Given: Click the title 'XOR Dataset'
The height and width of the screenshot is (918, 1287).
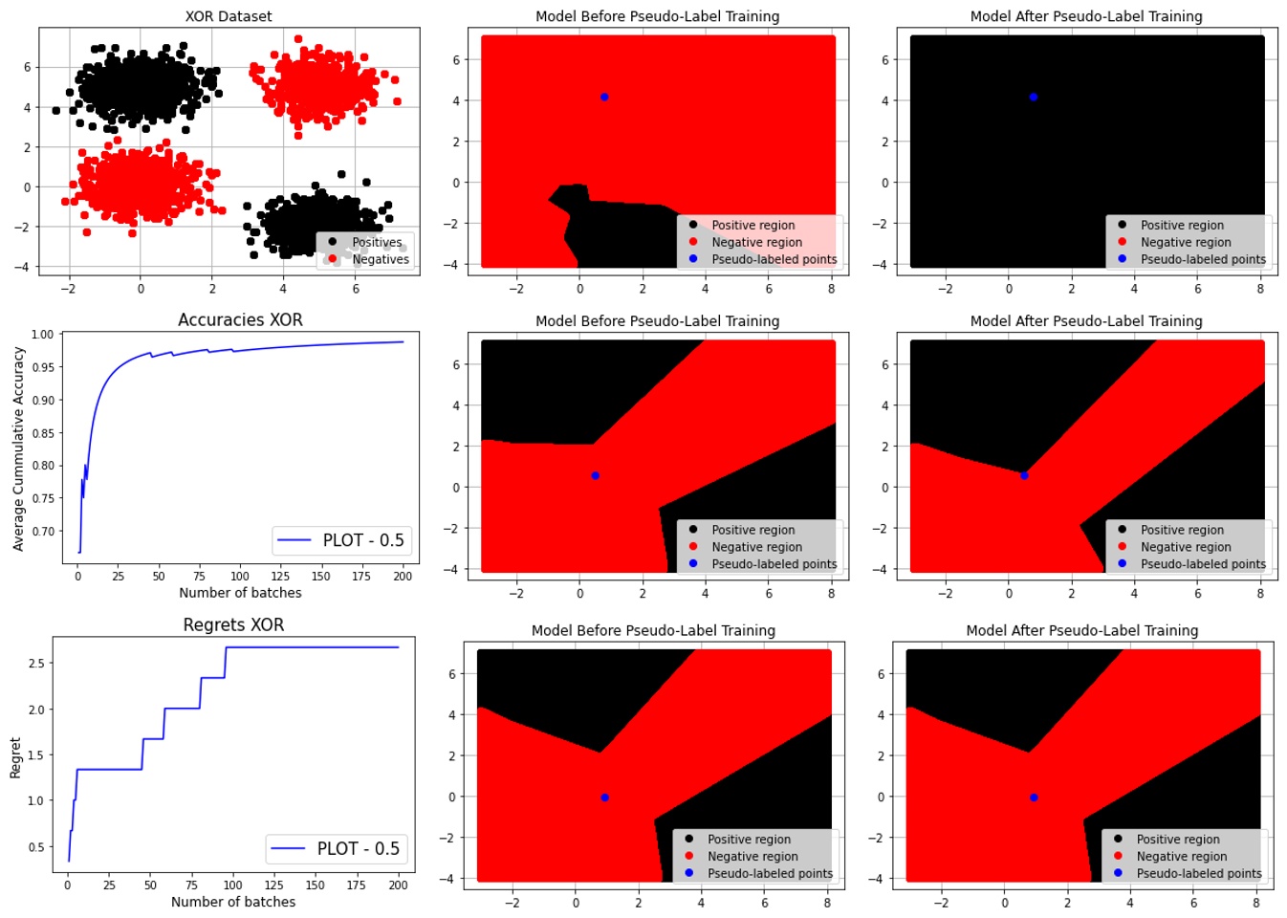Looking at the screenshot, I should click(x=229, y=16).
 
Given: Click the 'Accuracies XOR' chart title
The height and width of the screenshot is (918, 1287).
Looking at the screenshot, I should click(x=240, y=320).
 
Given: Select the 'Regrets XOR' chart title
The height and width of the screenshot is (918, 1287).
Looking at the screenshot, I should click(x=233, y=625).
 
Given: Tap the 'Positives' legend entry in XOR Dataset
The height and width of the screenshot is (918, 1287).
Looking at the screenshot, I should click(x=376, y=242).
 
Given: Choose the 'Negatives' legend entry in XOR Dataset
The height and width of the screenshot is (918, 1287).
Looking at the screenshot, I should click(x=380, y=259).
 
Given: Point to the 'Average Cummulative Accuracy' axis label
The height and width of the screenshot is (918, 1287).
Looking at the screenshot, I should click(x=18, y=448).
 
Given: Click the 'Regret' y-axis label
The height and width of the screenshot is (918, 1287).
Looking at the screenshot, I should click(x=15, y=757).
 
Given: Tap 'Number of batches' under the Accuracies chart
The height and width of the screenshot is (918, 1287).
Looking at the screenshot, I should click(x=240, y=593).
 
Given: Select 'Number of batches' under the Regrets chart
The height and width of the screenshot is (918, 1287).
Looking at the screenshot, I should click(x=233, y=902).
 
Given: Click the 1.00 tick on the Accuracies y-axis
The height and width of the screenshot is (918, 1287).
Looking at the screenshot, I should click(x=42, y=335).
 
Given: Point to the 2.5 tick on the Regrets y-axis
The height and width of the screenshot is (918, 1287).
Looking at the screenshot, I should click(x=35, y=663).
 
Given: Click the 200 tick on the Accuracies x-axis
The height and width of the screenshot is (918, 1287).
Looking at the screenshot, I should click(x=403, y=576).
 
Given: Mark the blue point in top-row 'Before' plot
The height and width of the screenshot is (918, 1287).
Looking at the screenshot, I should click(x=604, y=98).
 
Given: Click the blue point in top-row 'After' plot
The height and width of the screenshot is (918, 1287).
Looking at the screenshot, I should click(x=1034, y=98).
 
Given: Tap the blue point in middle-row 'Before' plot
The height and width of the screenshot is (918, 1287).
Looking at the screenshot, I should click(x=596, y=475).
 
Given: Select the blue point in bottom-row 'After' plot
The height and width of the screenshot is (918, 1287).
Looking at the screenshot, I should click(x=1034, y=798).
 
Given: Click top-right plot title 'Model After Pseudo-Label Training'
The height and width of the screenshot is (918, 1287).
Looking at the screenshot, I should click(x=1086, y=16).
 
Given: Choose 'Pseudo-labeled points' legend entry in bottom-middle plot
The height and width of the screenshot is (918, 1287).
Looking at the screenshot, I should click(x=769, y=874).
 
